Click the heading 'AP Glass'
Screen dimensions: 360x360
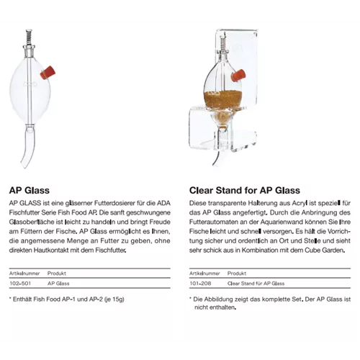tap(29, 192)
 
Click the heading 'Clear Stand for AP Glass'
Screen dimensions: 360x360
tap(244, 192)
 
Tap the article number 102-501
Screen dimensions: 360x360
tap(19, 284)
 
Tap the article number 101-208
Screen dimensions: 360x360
tap(199, 284)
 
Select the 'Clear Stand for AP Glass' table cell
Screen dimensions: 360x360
tap(254, 284)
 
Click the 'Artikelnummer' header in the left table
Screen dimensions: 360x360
tap(24, 274)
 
